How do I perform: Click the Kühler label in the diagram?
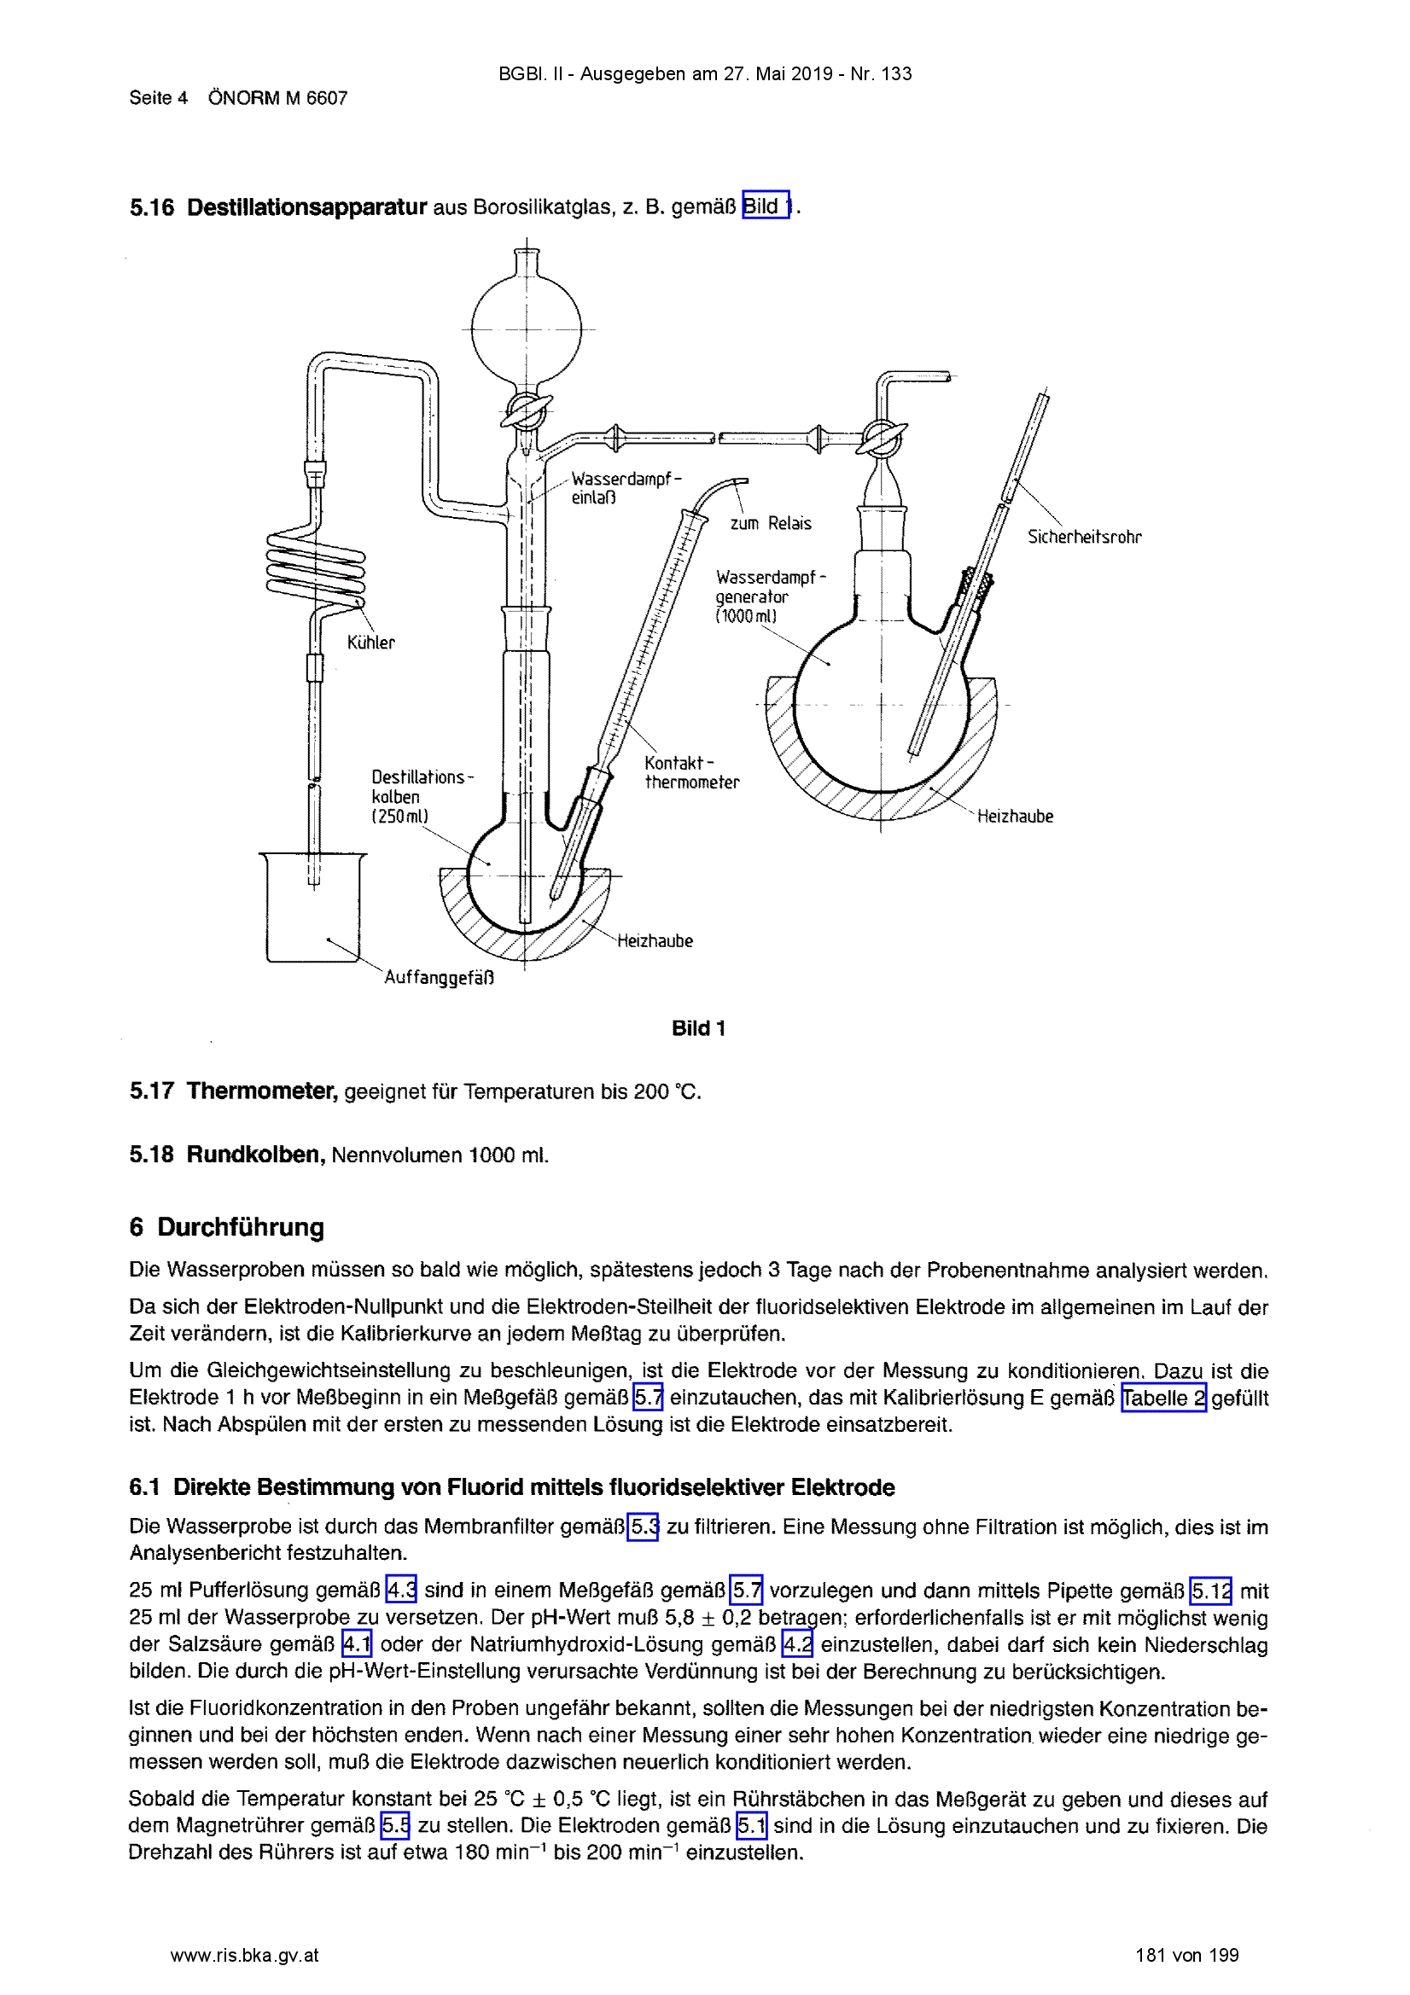[x=370, y=643]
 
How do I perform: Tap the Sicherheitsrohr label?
[x=1084, y=536]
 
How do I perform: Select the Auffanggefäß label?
[x=439, y=977]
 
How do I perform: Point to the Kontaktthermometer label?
[x=692, y=772]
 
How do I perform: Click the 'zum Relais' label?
[x=770, y=523]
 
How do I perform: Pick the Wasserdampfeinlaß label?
[x=626, y=487]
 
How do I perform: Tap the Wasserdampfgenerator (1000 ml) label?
[x=771, y=596]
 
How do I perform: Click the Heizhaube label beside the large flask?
[x=1015, y=816]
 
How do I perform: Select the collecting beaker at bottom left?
[x=313, y=907]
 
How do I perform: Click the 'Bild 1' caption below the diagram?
[x=698, y=1028]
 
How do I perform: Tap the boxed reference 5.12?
[x=1211, y=1590]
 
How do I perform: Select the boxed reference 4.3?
[x=402, y=1590]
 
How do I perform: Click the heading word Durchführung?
[x=241, y=1226]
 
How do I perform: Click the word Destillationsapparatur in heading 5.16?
[x=307, y=206]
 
